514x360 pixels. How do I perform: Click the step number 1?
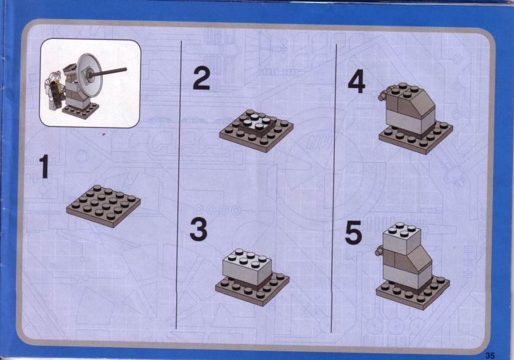pyautogui.click(x=44, y=166)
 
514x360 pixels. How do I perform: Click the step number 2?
pyautogui.click(x=201, y=78)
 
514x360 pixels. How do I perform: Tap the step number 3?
pyautogui.click(x=198, y=229)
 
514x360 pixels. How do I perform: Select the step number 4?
pyautogui.click(x=356, y=81)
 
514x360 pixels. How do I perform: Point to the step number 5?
pyautogui.click(x=353, y=232)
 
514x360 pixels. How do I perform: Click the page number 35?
pyautogui.click(x=490, y=356)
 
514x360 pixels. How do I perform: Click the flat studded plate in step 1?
pyautogui.click(x=104, y=206)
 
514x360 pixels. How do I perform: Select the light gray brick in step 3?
pyautogui.click(x=247, y=266)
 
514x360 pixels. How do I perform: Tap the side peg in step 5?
pyautogui.click(x=380, y=252)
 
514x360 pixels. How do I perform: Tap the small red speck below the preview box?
pyautogui.click(x=104, y=134)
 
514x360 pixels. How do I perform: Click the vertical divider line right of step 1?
pyautogui.click(x=179, y=184)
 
